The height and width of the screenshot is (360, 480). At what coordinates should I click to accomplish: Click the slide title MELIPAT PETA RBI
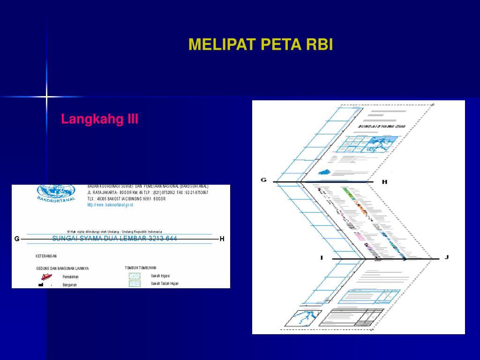(x=261, y=45)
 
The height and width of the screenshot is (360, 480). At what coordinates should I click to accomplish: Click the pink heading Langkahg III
(x=100, y=119)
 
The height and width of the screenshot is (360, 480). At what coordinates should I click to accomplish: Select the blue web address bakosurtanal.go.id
(x=111, y=205)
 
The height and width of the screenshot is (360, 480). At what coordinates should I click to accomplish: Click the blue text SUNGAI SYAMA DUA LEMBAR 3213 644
(x=115, y=239)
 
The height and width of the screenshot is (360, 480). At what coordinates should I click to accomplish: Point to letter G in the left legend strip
(x=17, y=239)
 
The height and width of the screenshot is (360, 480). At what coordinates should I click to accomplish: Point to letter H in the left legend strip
(x=222, y=239)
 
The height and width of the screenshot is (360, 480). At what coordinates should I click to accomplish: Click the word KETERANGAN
(x=46, y=256)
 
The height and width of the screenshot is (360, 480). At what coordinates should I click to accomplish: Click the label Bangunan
(x=70, y=285)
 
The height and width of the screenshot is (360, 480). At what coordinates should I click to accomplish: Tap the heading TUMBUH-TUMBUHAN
(x=141, y=268)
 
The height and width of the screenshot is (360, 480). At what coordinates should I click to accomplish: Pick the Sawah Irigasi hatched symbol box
(x=135, y=276)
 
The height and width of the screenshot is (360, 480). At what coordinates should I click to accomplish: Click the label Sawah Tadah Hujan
(x=165, y=284)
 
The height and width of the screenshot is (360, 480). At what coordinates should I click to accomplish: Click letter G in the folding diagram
(x=263, y=180)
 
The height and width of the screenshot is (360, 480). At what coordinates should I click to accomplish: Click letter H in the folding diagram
(x=384, y=182)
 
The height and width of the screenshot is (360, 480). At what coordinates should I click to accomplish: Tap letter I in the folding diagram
(x=322, y=257)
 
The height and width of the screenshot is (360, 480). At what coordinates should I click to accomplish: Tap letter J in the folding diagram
(x=447, y=257)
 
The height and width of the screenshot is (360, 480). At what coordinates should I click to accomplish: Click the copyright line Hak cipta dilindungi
(x=114, y=232)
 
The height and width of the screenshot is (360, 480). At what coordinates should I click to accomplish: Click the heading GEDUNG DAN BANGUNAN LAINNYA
(x=62, y=269)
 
